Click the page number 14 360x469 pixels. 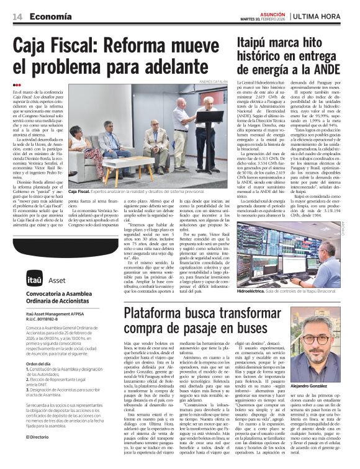point(17,17)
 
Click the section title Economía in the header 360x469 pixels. point(50,17)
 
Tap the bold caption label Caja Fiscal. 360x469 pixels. point(82,192)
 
